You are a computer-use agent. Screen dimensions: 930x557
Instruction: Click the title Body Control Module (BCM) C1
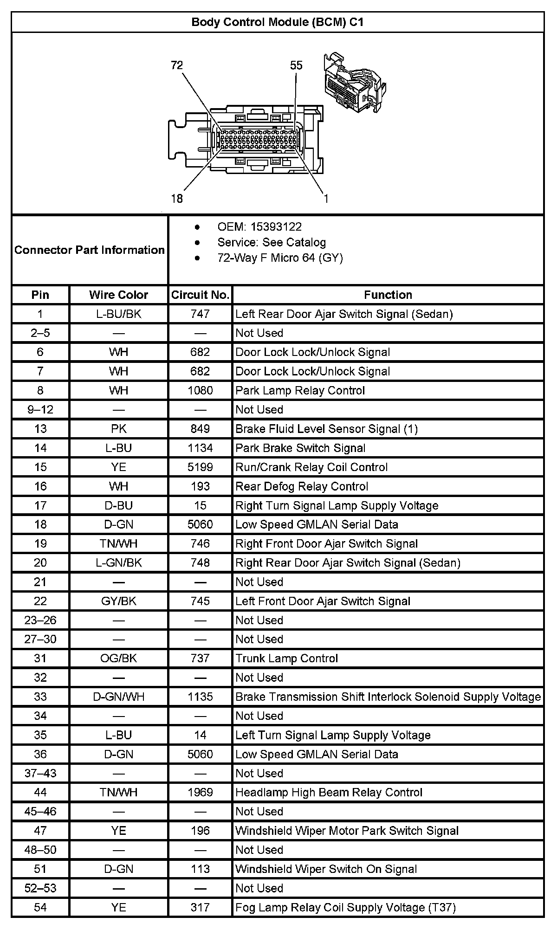coord(278,22)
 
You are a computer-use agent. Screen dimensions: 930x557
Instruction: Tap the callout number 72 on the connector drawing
coord(177,65)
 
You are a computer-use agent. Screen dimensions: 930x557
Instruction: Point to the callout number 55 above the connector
coord(296,65)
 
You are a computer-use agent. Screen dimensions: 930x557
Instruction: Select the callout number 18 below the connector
coord(177,199)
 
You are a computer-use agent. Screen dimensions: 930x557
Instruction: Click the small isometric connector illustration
coord(355,84)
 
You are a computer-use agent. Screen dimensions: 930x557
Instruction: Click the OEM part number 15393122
coord(276,227)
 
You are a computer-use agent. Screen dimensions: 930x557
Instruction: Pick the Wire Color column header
coord(118,295)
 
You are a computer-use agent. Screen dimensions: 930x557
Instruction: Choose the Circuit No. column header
coord(200,295)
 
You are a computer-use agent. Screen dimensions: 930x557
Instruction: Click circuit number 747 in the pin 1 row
coord(200,314)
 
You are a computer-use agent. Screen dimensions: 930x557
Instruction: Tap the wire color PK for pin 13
coord(118,429)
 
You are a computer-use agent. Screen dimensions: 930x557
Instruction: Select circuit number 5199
coord(200,467)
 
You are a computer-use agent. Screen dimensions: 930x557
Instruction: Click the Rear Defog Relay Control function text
coord(302,486)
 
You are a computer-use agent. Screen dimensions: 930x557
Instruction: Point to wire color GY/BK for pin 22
coord(118,601)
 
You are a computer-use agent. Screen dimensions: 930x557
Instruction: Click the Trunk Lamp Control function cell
coord(286,658)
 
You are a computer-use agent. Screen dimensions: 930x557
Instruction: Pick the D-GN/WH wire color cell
coord(118,697)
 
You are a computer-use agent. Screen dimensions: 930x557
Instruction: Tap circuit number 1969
coord(200,792)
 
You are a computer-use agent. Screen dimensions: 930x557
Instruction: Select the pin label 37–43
coord(40,773)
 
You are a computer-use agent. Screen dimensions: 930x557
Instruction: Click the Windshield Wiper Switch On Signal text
coord(326,869)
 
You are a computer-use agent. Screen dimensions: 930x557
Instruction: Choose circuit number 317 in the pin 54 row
coord(200,907)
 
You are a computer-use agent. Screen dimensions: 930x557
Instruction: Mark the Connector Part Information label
coord(90,250)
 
